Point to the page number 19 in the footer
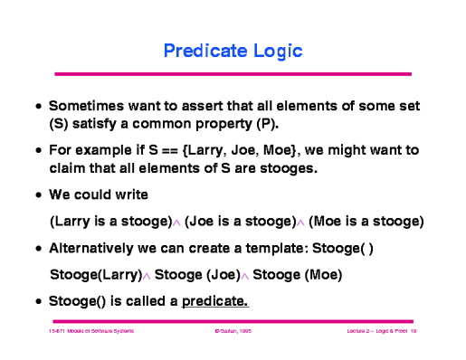[x=412, y=334]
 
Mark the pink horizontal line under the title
[x=233, y=73]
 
